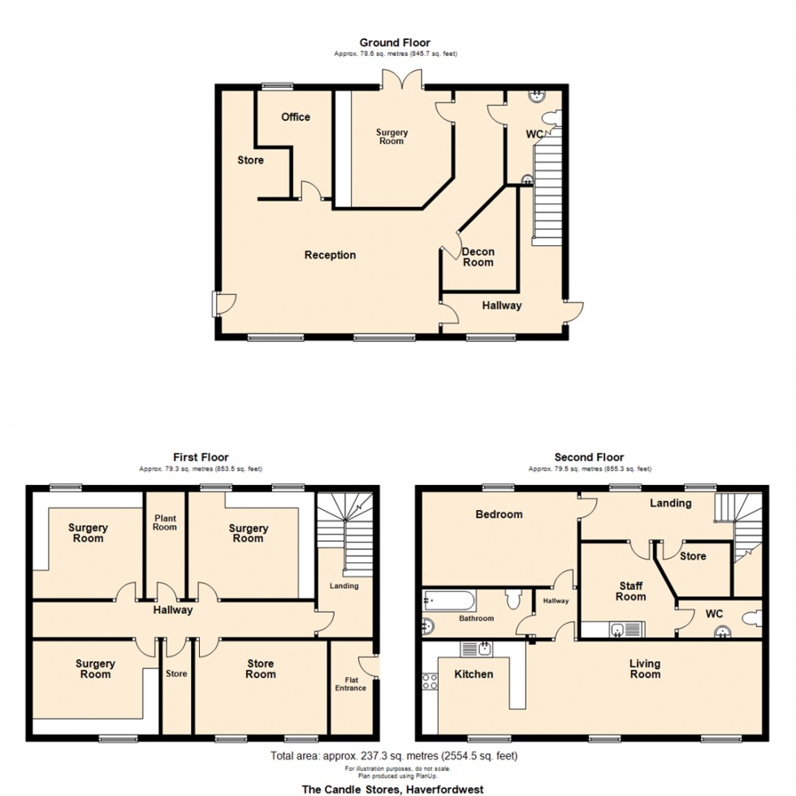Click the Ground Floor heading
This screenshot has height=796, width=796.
[395, 43]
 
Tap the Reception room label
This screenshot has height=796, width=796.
[330, 255]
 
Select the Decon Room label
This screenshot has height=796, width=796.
[478, 257]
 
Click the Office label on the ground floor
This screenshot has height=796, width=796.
[296, 117]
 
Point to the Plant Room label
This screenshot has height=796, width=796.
[165, 521]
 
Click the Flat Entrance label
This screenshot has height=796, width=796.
[351, 683]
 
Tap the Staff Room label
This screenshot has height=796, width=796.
[630, 591]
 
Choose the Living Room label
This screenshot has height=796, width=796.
[645, 668]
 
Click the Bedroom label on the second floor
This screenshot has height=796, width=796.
[498, 514]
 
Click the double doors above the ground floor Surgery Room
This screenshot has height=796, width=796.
[402, 80]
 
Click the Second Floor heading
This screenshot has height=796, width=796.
[589, 457]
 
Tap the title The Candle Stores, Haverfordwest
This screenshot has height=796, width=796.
[392, 789]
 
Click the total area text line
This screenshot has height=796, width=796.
[393, 756]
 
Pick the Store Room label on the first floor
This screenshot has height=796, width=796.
[260, 668]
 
